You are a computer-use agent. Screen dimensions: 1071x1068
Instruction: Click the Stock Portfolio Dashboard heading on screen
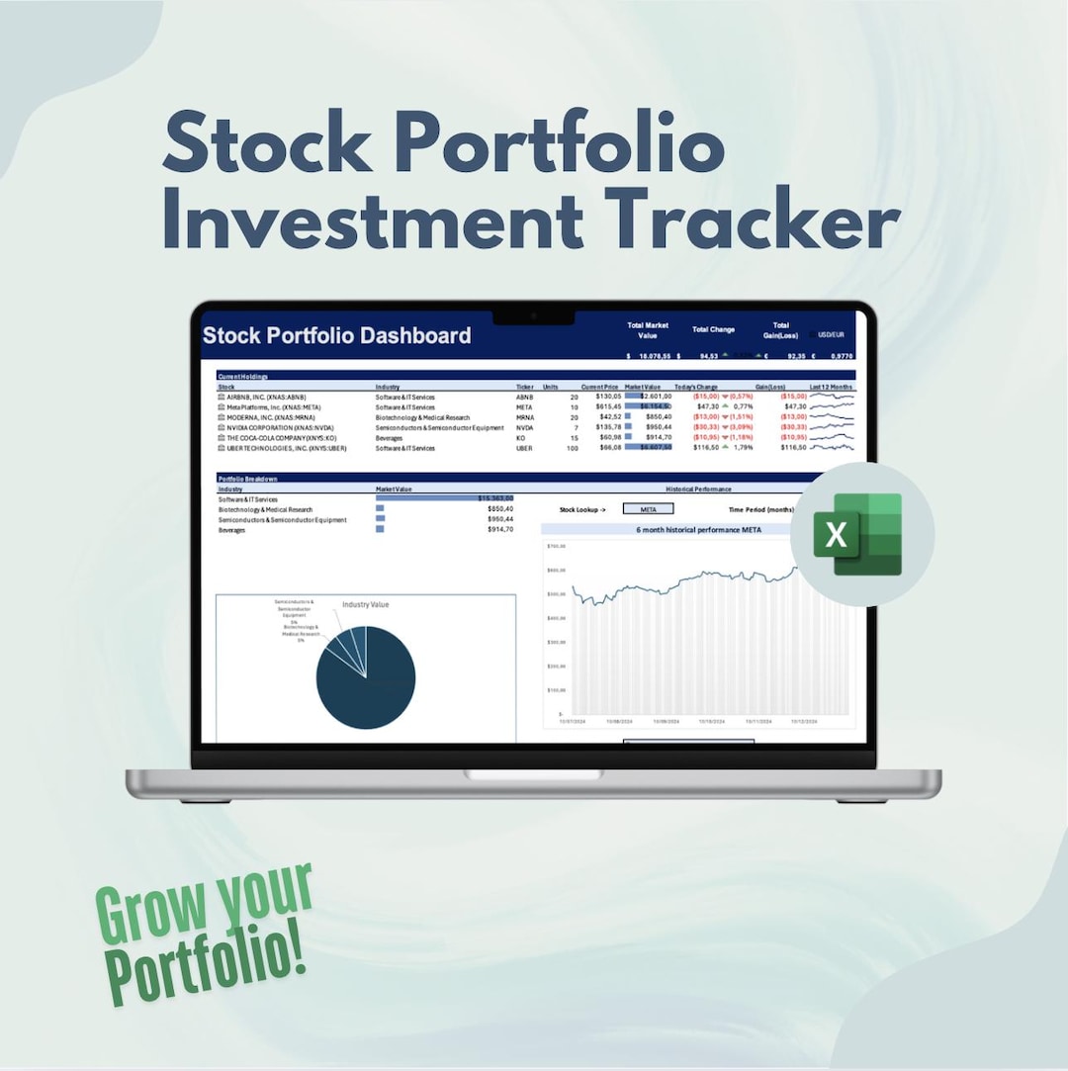[x=336, y=335]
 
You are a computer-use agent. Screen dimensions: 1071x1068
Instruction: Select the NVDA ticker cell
[x=525, y=427]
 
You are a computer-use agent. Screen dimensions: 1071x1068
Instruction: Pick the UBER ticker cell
[x=525, y=448]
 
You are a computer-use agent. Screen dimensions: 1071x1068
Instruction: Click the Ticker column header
[x=525, y=387]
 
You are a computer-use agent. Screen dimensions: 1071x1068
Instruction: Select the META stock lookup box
[x=649, y=509]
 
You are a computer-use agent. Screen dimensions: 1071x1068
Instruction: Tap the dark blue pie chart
[x=366, y=678]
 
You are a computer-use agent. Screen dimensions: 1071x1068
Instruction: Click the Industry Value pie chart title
[x=366, y=603]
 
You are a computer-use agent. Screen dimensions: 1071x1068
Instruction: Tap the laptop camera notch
[x=534, y=316]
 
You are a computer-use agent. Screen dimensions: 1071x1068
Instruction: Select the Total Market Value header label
[x=649, y=330]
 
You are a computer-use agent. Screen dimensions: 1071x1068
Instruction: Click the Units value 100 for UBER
[x=572, y=448]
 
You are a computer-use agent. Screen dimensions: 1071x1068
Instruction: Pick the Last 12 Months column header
[x=831, y=387]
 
